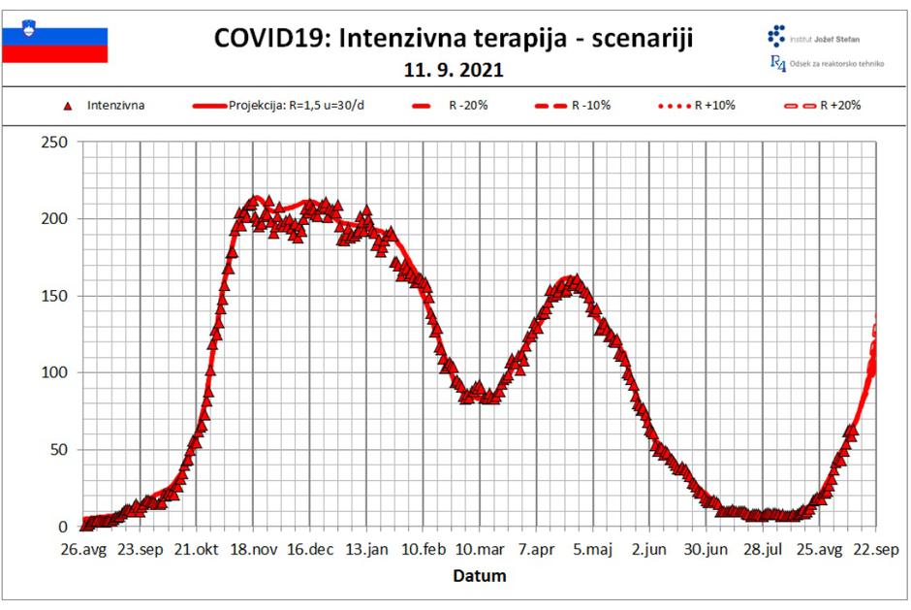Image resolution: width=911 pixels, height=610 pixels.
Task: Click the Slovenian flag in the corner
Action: pos(55,45)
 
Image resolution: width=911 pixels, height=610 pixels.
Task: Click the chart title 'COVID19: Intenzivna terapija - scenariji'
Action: pos(454,38)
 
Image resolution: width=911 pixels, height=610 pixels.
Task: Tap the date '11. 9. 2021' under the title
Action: pos(454,71)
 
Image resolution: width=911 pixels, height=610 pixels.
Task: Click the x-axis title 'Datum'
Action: pos(480,576)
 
